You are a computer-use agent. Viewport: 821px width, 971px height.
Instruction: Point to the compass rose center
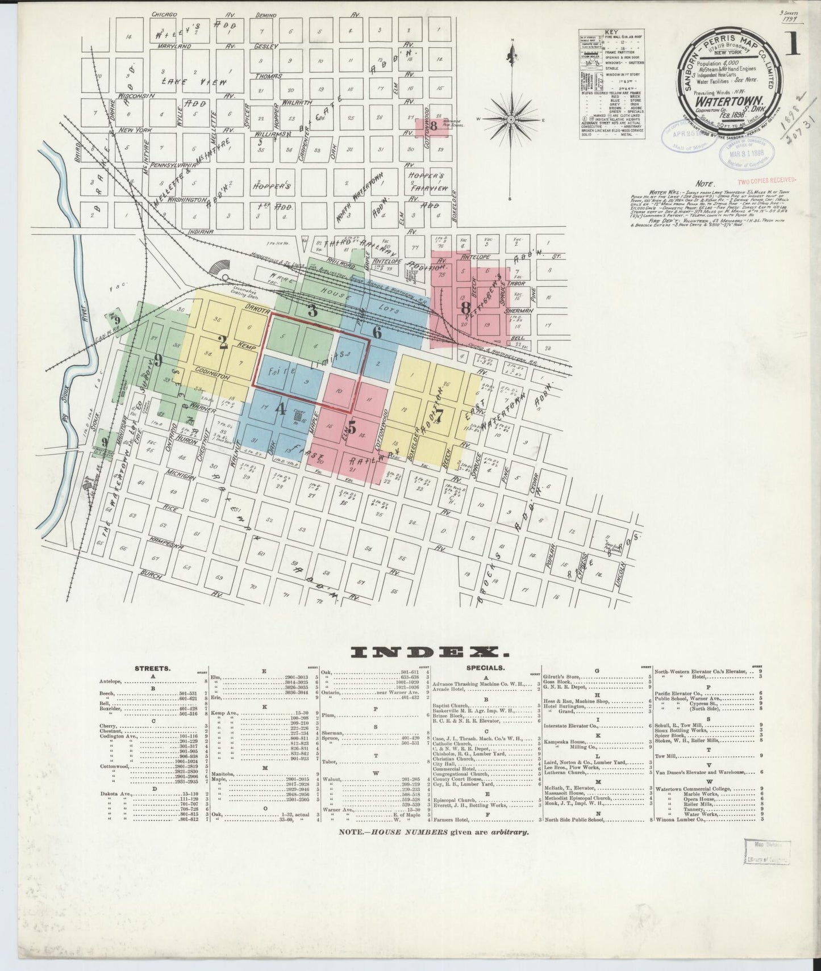(x=511, y=120)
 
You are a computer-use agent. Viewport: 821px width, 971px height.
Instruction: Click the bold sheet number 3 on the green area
(x=312, y=311)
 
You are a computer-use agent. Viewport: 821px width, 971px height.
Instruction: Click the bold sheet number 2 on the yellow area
(x=223, y=342)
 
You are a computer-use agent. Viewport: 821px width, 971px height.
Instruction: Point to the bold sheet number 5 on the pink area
(x=352, y=429)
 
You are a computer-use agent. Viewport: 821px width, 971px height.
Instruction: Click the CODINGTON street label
(x=214, y=376)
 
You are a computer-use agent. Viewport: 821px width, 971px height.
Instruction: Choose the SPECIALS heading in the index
(x=486, y=668)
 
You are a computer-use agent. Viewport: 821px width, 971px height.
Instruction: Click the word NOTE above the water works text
(x=705, y=185)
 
